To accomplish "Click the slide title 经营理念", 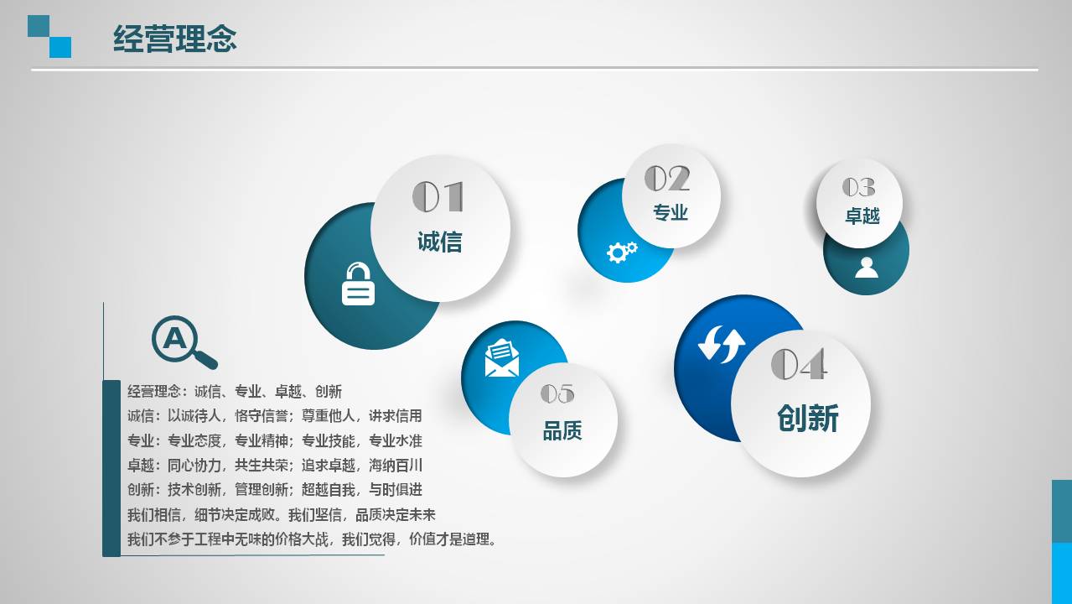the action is coord(174,39).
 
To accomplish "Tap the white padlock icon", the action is coord(358,284).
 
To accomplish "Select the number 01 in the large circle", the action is coord(438,196).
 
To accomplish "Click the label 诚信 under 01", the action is coord(440,242).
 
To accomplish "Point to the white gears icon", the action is coord(622,252).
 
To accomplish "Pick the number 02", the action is coord(667,178).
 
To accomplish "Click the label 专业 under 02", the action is coord(671,212).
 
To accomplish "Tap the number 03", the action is coord(859,187).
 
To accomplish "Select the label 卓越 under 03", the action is coord(862,216).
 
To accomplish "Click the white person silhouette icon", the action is coord(867,268).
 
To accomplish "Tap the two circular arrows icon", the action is coord(721,344).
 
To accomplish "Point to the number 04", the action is coord(799,364).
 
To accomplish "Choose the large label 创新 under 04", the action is coord(808,418).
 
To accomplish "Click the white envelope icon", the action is coord(501,358).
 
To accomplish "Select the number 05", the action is coord(557,393).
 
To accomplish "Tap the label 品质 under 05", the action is coord(562,430).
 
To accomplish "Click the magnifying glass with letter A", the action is coord(184,342).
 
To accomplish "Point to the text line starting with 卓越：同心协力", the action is coord(275,465).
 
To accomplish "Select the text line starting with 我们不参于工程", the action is coord(312,539).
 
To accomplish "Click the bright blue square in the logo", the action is coord(60,48).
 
